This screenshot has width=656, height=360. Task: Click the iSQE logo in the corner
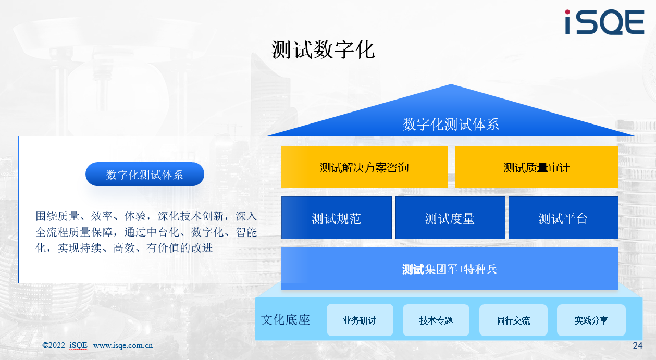click(x=604, y=22)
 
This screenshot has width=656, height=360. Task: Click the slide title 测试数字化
click(x=323, y=50)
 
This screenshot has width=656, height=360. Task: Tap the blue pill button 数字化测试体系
click(x=145, y=174)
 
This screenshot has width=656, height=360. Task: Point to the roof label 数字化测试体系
click(x=451, y=124)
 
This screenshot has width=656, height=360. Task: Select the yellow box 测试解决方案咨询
click(x=364, y=167)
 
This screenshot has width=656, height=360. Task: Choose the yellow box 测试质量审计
click(x=537, y=167)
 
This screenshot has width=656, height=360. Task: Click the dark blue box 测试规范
click(x=337, y=218)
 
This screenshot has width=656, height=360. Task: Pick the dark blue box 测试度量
click(x=450, y=218)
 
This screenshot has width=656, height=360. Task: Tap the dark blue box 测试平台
click(x=563, y=218)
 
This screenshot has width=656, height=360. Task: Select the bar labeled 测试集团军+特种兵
click(x=450, y=269)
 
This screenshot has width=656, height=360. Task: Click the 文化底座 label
click(x=285, y=319)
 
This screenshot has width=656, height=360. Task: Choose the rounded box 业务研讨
click(x=360, y=320)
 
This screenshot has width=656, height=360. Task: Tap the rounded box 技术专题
click(x=436, y=320)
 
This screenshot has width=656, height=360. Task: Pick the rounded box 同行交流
click(x=513, y=320)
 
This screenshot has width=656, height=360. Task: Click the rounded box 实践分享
click(x=591, y=320)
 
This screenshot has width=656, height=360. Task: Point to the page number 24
click(x=638, y=346)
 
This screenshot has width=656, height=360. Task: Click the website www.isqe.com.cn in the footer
click(x=123, y=345)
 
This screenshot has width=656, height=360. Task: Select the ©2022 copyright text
click(x=54, y=345)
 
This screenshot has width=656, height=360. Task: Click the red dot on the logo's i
click(x=567, y=12)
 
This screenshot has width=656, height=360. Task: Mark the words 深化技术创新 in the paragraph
click(x=191, y=216)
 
